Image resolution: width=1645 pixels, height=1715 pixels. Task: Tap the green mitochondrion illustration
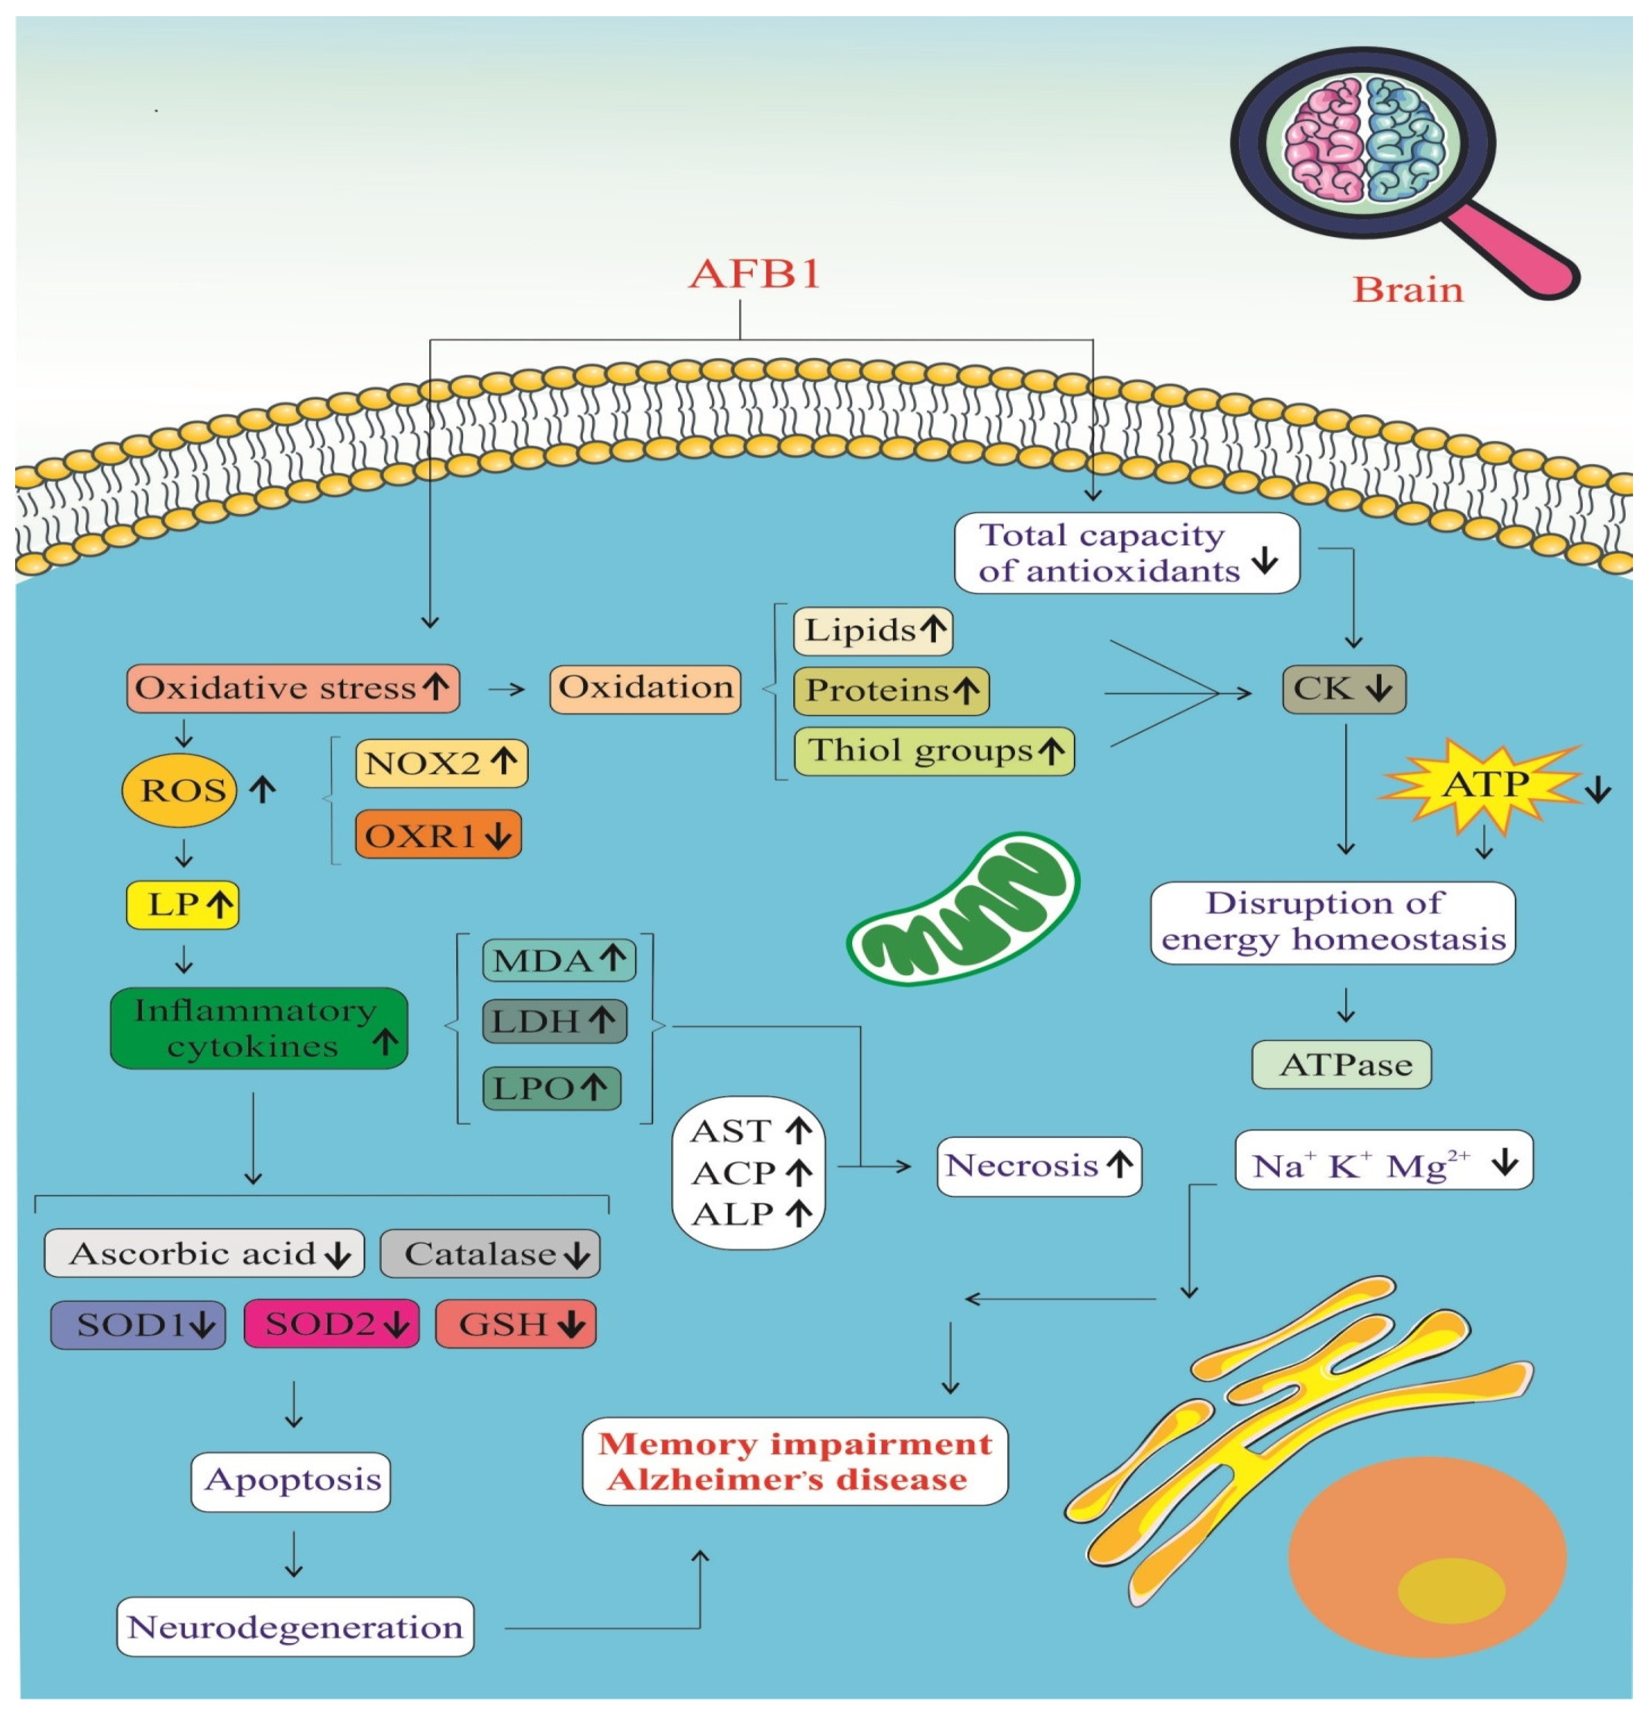pos(963,910)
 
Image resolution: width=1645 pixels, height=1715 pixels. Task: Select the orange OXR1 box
pos(438,835)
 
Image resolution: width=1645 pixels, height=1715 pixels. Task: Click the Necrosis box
pos(1038,1166)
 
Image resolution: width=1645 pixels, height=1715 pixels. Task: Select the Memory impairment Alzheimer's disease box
pos(795,1461)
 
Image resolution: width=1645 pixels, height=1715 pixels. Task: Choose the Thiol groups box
pos(933,751)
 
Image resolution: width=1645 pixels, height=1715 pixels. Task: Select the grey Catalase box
pos(490,1253)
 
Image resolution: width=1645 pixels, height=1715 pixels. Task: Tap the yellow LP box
pos(182,904)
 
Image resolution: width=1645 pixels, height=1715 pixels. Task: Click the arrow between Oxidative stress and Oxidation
pos(506,689)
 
